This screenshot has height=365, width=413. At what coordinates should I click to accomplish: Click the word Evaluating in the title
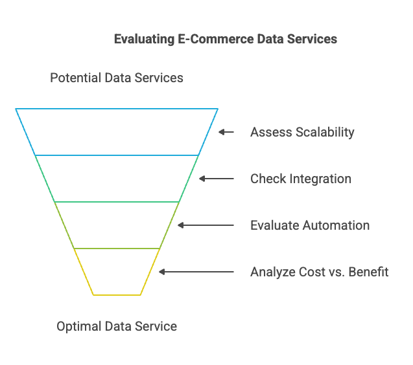(144, 39)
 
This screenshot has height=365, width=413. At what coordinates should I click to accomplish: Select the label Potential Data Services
(117, 78)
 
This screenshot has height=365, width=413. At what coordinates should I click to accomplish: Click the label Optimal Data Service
(117, 326)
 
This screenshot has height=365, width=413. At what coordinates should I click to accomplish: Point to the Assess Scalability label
(302, 132)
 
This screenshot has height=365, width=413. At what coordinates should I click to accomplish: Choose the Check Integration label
(301, 179)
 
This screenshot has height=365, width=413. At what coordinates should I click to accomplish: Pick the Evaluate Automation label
(310, 225)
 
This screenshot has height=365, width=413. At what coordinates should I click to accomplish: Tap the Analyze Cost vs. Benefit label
(320, 272)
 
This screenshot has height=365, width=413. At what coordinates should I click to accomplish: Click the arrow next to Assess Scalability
(226, 132)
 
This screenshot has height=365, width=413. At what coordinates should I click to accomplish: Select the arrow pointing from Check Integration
(217, 179)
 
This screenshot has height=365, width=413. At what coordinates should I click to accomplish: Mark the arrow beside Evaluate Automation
(206, 225)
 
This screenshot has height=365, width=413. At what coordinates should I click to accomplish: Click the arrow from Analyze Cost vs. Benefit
(196, 272)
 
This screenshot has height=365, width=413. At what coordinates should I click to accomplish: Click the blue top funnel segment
(117, 109)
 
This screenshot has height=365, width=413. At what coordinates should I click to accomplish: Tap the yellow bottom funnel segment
(117, 295)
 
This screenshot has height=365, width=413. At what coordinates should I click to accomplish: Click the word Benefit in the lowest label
(368, 272)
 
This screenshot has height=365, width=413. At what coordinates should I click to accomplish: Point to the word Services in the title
(312, 39)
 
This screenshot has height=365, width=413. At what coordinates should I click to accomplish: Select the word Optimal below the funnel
(79, 327)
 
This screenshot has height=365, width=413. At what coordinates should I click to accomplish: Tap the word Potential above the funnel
(76, 78)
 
